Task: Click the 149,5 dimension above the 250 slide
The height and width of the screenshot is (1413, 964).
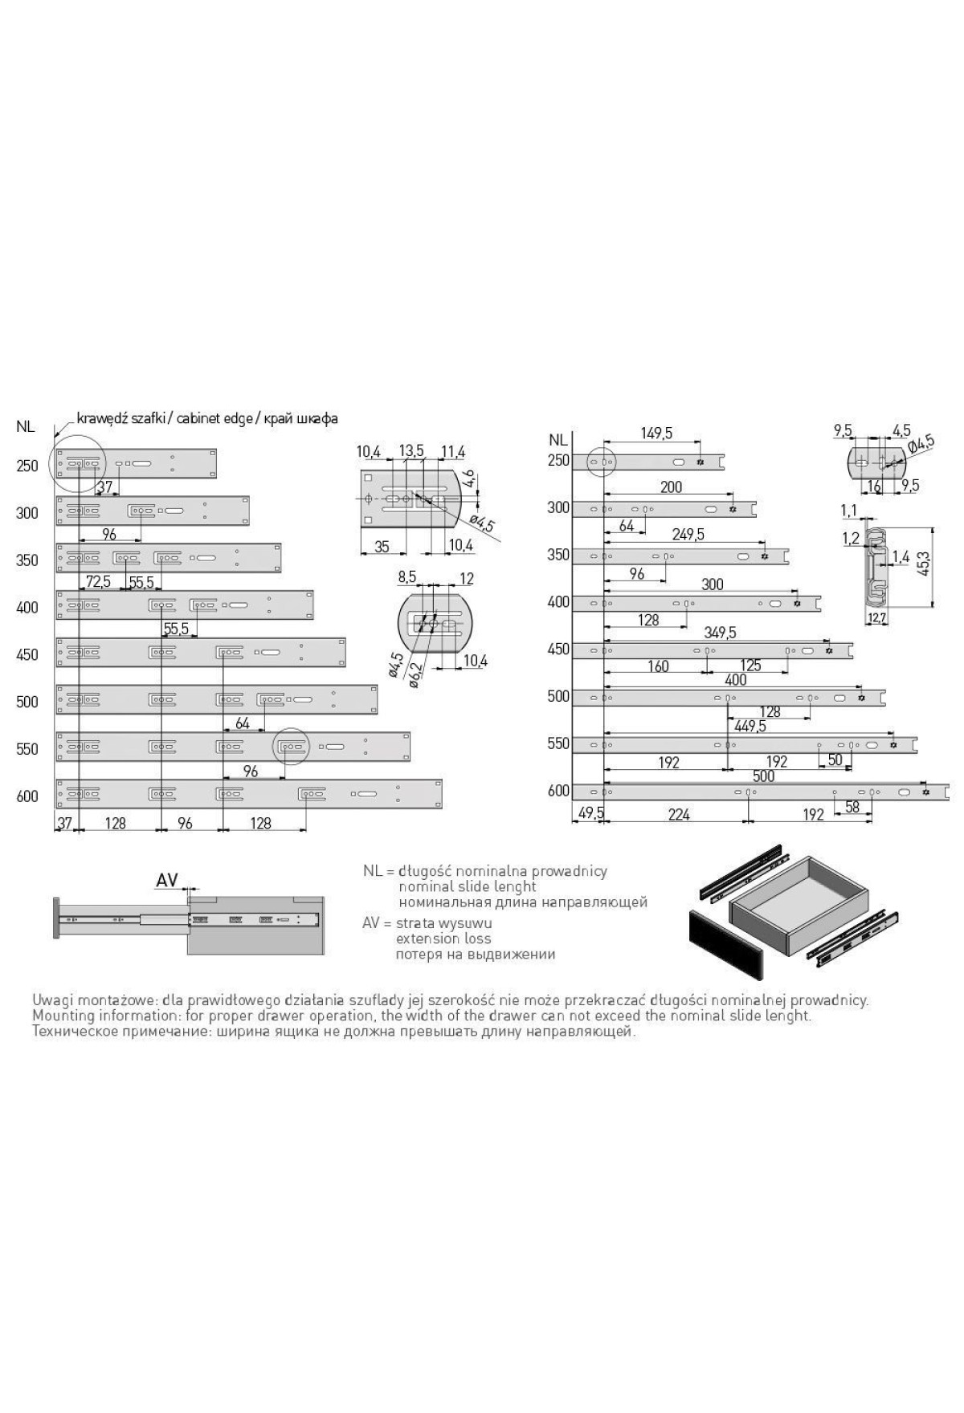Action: coord(656,434)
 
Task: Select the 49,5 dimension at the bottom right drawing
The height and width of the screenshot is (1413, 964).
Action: coord(589,814)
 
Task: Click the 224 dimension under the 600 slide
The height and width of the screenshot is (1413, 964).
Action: coord(679,814)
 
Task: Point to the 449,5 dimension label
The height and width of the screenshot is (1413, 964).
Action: coord(750,726)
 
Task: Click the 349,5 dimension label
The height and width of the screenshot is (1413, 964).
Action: coord(719,633)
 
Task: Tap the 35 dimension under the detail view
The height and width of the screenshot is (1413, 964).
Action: coord(382,547)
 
